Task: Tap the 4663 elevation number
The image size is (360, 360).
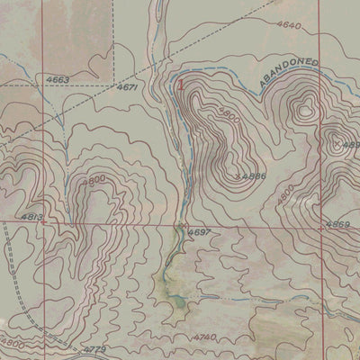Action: tap(58, 80)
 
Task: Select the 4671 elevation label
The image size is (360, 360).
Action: tap(127, 87)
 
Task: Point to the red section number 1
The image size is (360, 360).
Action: tap(181, 85)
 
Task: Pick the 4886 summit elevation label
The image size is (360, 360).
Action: tap(253, 176)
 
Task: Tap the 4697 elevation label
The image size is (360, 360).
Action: tap(200, 232)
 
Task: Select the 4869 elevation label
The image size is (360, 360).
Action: tap(337, 223)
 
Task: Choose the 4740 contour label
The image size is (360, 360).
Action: tap(205, 336)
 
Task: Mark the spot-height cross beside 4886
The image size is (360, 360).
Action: tap(238, 176)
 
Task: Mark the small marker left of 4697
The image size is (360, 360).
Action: tap(183, 225)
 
